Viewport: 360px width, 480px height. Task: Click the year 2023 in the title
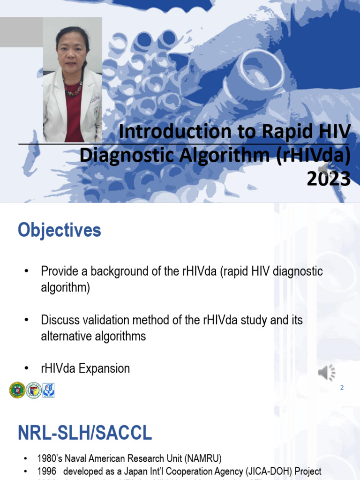click(329, 179)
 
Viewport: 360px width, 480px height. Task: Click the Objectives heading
click(60, 231)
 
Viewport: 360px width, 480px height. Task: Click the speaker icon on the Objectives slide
click(327, 373)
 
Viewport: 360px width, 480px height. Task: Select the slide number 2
click(342, 388)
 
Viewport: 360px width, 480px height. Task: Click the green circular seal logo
click(17, 390)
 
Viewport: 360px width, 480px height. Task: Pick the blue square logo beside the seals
click(48, 390)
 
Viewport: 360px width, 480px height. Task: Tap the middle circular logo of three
click(33, 390)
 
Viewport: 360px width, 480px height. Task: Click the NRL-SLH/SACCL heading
click(85, 433)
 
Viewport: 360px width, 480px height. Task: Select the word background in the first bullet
click(120, 271)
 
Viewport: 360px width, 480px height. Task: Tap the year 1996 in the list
click(46, 472)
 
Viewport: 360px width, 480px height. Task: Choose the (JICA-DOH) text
click(268, 472)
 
